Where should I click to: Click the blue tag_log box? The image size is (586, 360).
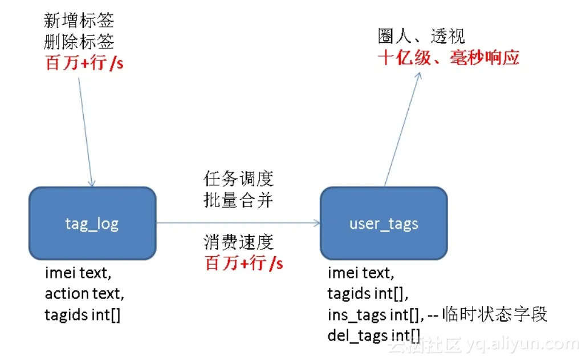(x=92, y=223)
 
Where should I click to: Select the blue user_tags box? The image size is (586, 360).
(x=384, y=223)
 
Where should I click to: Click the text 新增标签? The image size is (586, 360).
(x=79, y=21)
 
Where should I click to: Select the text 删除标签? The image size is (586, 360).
(x=79, y=42)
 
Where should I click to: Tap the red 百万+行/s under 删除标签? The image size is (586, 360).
(x=84, y=62)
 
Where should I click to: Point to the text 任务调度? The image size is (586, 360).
(x=238, y=179)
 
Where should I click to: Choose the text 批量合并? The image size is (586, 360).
(x=238, y=200)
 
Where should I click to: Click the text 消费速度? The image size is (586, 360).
(x=238, y=242)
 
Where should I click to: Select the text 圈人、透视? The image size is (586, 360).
(x=421, y=37)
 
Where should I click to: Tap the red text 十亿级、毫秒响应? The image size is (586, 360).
(x=449, y=58)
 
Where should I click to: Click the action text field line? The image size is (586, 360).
(x=84, y=294)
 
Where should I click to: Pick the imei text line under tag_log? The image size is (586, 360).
(x=76, y=273)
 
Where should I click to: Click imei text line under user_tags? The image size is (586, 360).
(x=360, y=273)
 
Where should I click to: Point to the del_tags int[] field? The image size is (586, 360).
(x=373, y=335)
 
